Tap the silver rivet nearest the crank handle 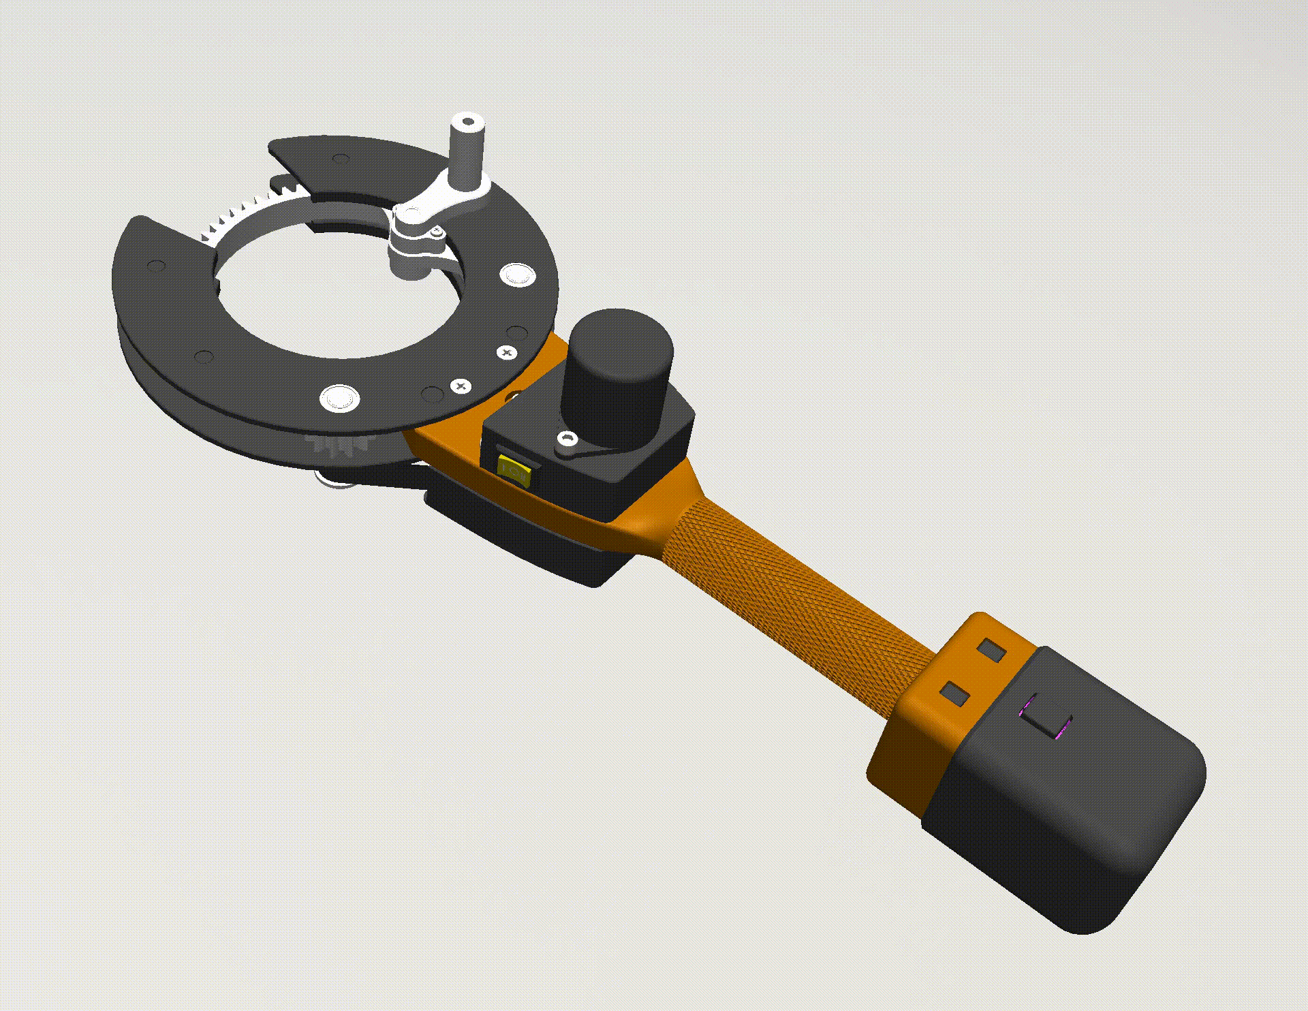click(x=518, y=275)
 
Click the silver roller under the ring click(x=334, y=481)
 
